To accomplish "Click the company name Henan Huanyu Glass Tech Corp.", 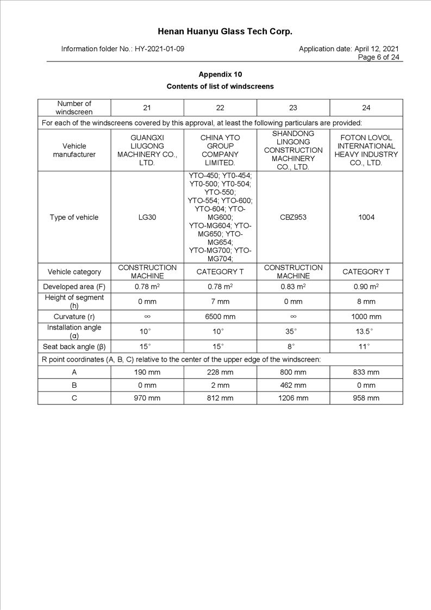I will pos(225,32).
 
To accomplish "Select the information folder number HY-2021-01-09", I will pos(159,49).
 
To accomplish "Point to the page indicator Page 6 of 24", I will pos(378,57).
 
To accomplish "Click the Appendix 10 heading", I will pos(220,74).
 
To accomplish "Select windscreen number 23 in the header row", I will pos(293,108).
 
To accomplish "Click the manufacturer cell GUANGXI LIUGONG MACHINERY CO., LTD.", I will pos(147,150).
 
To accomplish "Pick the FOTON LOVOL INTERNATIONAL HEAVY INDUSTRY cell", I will pos(366,150).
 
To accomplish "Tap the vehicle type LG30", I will pos(147,217).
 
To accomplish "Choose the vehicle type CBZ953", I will pos(293,217).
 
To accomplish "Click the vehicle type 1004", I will pos(366,217).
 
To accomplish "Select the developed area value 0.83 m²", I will pos(293,287).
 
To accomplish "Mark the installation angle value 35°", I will pos(293,331).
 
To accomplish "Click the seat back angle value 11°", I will pos(366,346).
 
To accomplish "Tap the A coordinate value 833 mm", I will pos(366,372).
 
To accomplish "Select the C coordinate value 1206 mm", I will pos(293,398).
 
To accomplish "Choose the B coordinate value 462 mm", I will pos(293,385).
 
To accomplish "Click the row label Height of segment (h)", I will pos(74,301).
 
